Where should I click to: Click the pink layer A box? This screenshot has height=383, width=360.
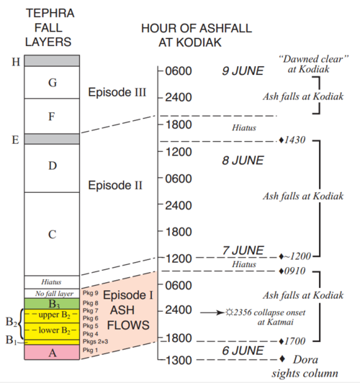[x=52, y=352]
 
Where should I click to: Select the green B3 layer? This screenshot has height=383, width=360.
[x=52, y=304]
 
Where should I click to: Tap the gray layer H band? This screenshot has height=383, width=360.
[x=52, y=60]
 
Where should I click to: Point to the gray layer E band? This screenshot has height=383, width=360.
[x=52, y=139]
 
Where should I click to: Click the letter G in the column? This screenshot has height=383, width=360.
[x=53, y=83]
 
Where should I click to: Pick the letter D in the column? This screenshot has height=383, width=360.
[x=53, y=166]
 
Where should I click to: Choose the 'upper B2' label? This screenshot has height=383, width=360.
[x=55, y=315]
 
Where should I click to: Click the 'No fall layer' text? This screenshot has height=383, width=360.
[x=54, y=293]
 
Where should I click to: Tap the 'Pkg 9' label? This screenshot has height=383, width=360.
[x=91, y=292]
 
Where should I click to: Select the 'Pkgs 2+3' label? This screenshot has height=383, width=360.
[x=96, y=341]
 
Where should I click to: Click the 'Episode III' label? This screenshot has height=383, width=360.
[x=117, y=92]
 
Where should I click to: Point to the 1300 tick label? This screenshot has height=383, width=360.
[x=179, y=360]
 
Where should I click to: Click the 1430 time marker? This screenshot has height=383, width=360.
[x=292, y=140]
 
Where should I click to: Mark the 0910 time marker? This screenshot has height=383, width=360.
[x=292, y=271]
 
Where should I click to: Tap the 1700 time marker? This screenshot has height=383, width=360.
[x=292, y=341]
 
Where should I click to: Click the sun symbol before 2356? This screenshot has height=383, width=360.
[x=230, y=312]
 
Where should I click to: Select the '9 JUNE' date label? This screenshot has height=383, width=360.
[x=243, y=71]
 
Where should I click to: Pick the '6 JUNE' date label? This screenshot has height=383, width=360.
[x=243, y=351]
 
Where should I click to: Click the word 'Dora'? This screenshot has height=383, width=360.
[x=305, y=359]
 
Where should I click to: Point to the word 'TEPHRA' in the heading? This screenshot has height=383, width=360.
[x=50, y=13]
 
